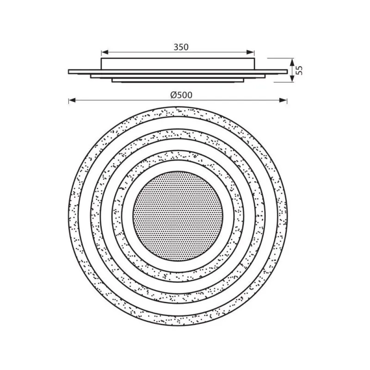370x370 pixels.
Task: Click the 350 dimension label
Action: [181, 47]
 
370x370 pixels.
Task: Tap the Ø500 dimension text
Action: [181, 95]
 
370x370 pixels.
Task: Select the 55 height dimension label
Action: [299, 70]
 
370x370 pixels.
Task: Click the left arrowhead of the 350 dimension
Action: [105, 52]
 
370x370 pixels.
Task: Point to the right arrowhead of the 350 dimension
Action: [251, 52]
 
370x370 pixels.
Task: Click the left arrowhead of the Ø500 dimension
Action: [72, 101]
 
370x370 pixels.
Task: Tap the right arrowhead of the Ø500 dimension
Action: [284, 101]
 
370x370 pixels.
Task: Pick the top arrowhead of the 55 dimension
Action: [292, 62]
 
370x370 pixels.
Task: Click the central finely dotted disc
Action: [178, 216]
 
